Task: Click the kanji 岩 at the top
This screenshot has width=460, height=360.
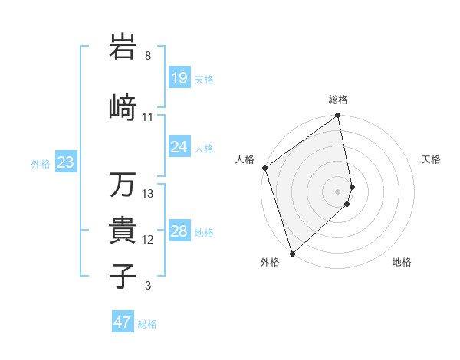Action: [123, 47]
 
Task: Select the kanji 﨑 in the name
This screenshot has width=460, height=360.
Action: [123, 107]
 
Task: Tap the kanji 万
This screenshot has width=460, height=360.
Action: [123, 185]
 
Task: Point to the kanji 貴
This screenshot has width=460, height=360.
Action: [123, 230]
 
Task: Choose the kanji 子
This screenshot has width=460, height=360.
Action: [123, 276]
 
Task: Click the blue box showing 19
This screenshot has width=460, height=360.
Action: [179, 77]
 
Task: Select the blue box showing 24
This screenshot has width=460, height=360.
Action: [179, 146]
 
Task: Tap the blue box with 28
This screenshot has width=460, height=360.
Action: [179, 231]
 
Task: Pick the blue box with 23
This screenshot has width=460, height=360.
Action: [65, 162]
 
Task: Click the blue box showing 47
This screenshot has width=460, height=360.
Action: [123, 322]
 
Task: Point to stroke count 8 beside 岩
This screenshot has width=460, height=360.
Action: [148, 56]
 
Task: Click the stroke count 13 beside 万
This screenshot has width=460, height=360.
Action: [148, 194]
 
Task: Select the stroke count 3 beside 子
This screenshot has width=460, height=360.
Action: [148, 286]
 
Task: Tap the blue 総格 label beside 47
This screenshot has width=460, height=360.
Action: [147, 324]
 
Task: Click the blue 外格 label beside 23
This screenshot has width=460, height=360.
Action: [41, 163]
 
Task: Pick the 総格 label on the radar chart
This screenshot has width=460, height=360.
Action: [338, 100]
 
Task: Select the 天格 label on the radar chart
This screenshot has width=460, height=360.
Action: [432, 159]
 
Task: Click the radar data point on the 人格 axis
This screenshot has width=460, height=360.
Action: [264, 168]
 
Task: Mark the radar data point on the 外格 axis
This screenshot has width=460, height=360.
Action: [292, 253]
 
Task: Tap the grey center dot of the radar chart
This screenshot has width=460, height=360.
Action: [338, 191]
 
